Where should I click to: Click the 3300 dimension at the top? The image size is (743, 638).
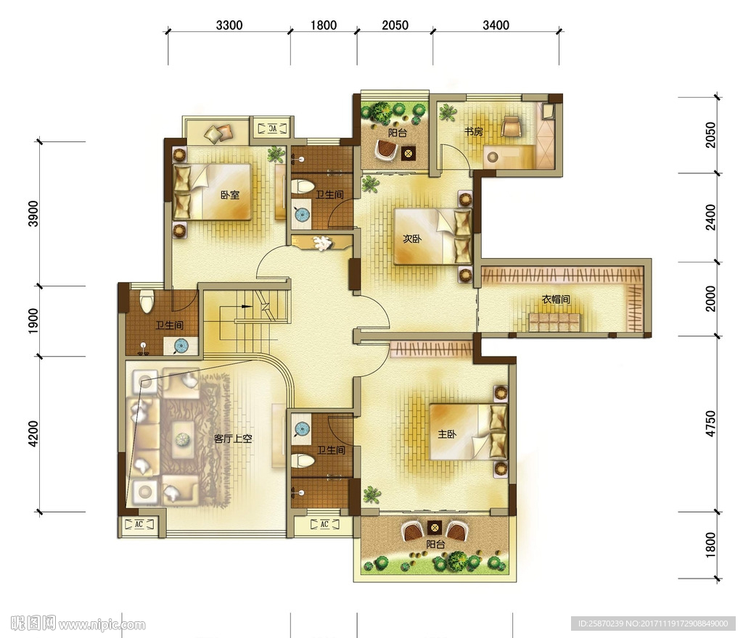[x=229, y=25]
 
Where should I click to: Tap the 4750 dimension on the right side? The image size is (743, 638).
[x=711, y=423]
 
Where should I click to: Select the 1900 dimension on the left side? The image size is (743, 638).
[x=33, y=321]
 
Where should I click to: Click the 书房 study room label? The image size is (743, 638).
[x=474, y=131]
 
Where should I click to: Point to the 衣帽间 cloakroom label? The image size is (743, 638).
[x=556, y=299]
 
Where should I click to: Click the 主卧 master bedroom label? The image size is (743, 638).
[x=447, y=434]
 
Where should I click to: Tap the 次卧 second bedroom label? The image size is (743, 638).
[x=412, y=239]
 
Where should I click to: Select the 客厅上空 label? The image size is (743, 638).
[x=233, y=439]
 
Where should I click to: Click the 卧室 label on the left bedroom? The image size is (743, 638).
[x=230, y=194]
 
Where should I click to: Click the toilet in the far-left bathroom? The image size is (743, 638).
[x=147, y=301]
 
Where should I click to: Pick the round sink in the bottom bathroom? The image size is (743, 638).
[x=302, y=429]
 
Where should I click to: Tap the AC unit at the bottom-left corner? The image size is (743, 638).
[x=139, y=524]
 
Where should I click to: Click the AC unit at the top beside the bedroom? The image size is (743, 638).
[x=273, y=128]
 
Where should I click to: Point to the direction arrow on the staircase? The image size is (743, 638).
[x=245, y=306]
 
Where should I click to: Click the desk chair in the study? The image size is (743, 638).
[x=512, y=126]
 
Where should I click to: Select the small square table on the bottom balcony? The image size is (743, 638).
[x=435, y=527]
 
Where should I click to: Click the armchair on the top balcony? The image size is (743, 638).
[x=387, y=151]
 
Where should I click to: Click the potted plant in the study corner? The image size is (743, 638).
[x=447, y=112]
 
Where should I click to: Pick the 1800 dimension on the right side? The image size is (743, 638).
[x=711, y=544]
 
